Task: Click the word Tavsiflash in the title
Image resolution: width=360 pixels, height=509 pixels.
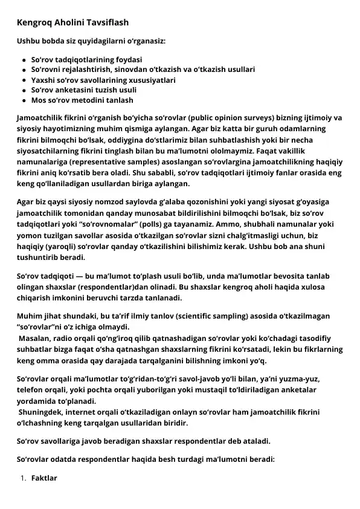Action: pos(107,22)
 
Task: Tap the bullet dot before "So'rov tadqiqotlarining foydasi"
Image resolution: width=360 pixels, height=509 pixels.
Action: pos(24,60)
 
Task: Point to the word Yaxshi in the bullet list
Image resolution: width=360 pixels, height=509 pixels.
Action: pos(42,80)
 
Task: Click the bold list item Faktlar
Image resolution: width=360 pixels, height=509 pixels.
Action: pos(44,478)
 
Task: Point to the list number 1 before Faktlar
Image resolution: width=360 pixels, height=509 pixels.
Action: pos(22,478)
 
